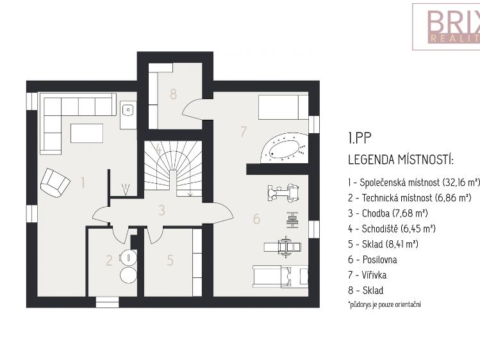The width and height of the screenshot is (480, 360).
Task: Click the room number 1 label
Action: pos(83,183)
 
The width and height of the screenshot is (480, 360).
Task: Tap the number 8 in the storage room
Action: pos(172,94)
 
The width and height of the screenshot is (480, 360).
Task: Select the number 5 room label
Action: pos(170,261)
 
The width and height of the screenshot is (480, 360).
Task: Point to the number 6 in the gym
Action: pos(256,219)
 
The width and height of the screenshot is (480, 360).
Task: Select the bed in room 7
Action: pos(282,106)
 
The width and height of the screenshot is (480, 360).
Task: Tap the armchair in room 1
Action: pos(54,183)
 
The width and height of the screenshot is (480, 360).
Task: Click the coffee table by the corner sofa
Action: pos(87,133)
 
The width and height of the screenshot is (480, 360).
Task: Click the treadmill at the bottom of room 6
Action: pos(279,277)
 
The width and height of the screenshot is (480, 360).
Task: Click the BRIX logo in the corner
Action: pos(445,26)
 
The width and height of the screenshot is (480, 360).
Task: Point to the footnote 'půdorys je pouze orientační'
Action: pos(385,304)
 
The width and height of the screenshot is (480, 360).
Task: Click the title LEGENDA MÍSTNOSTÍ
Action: pos(401,159)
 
